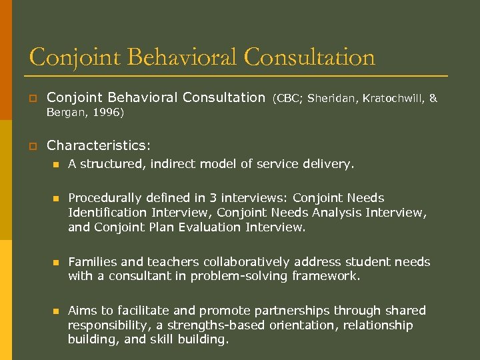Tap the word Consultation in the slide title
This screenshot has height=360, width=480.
pos(309,57)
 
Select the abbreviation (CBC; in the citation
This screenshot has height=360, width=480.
pos(287,99)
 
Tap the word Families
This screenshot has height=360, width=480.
pos(92,262)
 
